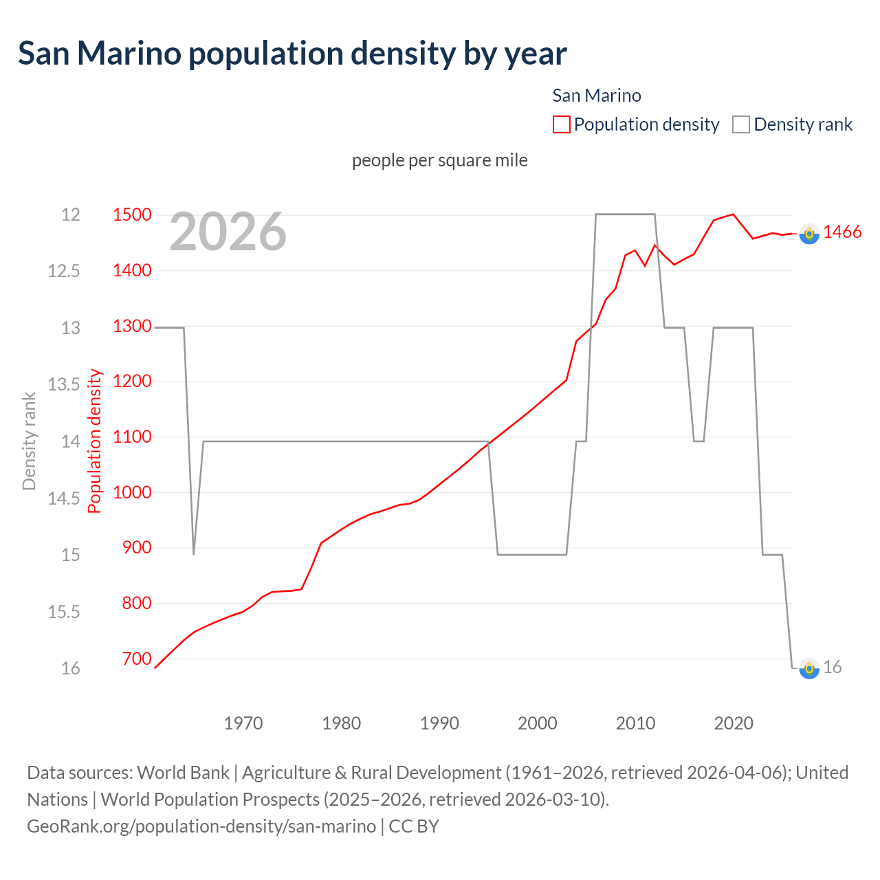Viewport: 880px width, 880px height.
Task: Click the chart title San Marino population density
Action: [292, 54]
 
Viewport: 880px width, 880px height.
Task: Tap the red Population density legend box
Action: [561, 124]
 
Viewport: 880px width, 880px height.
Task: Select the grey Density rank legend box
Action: [740, 124]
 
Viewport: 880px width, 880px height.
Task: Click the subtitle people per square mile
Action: [439, 160]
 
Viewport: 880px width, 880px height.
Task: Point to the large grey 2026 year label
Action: [228, 232]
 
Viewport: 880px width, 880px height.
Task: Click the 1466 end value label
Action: [842, 232]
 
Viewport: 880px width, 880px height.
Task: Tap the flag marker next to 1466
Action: [809, 234]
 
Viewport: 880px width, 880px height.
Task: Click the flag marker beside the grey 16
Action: [809, 668]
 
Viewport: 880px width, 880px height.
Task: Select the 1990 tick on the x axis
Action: [439, 723]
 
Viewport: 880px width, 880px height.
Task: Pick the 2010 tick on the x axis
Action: [635, 723]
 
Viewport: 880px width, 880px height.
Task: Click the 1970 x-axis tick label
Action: [243, 723]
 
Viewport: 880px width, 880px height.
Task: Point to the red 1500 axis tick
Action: [132, 214]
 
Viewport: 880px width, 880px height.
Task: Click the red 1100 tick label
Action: [132, 437]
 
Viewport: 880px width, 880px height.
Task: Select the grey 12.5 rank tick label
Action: [63, 271]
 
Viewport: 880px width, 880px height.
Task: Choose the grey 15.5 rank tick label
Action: [63, 612]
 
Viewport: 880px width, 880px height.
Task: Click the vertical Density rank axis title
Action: [29, 441]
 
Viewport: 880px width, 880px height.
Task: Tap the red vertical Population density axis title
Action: [95, 441]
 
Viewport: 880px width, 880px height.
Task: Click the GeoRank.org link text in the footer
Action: [201, 826]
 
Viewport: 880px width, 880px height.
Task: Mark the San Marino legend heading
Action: [596, 96]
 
